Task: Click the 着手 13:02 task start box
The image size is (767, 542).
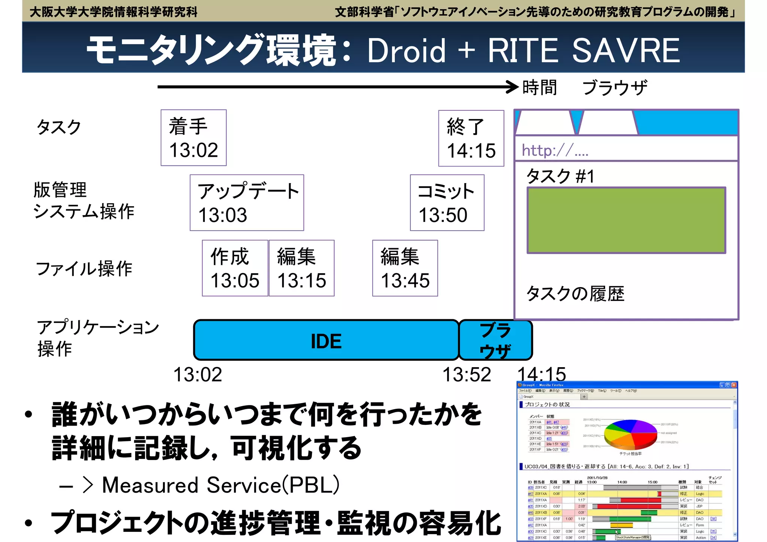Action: pyautogui.click(x=193, y=138)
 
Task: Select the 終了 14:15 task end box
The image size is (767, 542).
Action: pyautogui.click(x=471, y=138)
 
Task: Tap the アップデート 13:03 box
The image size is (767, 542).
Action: pyautogui.click(x=247, y=203)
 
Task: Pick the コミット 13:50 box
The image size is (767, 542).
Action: pyautogui.click(x=447, y=203)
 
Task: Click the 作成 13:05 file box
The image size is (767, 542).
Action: pyautogui.click(x=235, y=268)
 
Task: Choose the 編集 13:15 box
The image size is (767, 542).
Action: pyautogui.click(x=301, y=268)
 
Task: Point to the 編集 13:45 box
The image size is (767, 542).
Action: pyautogui.click(x=405, y=268)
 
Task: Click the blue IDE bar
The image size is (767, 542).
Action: pyautogui.click(x=326, y=340)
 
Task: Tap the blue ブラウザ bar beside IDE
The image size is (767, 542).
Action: pyautogui.click(x=495, y=340)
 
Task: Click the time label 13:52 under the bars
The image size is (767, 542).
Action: pyautogui.click(x=466, y=375)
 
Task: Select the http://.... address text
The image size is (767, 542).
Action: pyautogui.click(x=555, y=150)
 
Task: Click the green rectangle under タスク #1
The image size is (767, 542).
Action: pyautogui.click(x=626, y=220)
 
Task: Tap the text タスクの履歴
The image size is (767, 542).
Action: pyautogui.click(x=575, y=294)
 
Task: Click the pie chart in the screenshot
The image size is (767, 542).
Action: pyautogui.click(x=631, y=434)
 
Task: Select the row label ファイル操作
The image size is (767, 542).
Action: pyautogui.click(x=84, y=269)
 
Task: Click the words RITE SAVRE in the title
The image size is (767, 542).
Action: pyautogui.click(x=583, y=51)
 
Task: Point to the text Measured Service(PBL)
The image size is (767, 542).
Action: pyautogui.click(x=221, y=485)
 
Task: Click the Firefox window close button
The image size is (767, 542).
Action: pyautogui.click(x=734, y=385)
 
